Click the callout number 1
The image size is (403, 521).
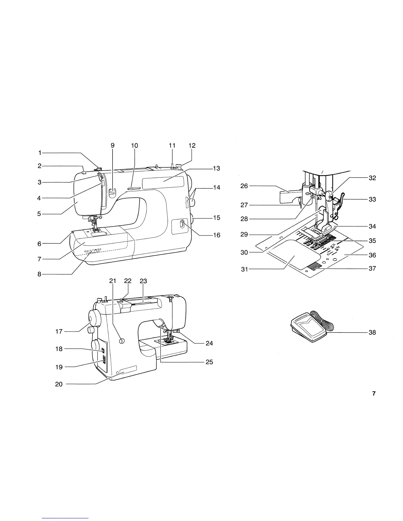tap(40, 153)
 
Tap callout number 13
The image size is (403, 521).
tap(216, 168)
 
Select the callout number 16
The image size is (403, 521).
tap(216, 235)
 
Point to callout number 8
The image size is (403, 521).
tap(40, 274)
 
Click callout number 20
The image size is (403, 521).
tap(59, 384)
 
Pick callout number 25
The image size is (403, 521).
tap(209, 362)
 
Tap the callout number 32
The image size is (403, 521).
tap(372, 178)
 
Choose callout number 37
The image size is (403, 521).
tap(372, 268)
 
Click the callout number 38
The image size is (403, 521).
tap(372, 333)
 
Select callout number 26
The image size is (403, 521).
tap(244, 186)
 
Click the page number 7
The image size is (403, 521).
tap(374, 393)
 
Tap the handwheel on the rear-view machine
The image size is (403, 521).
tap(95, 318)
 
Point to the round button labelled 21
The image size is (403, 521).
tap(121, 341)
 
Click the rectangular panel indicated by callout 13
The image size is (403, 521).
tap(163, 182)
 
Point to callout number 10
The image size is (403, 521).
tap(134, 145)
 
